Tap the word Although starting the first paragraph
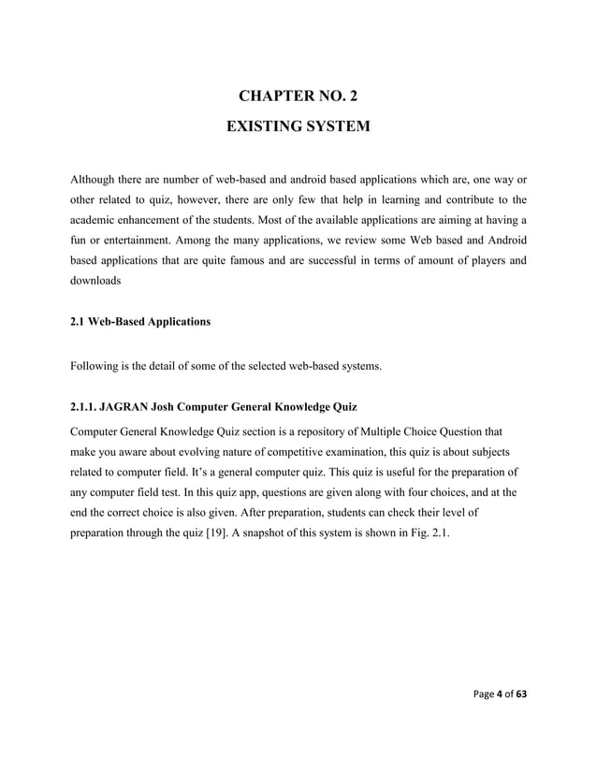click(98, 178)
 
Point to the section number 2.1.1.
click(87, 407)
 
